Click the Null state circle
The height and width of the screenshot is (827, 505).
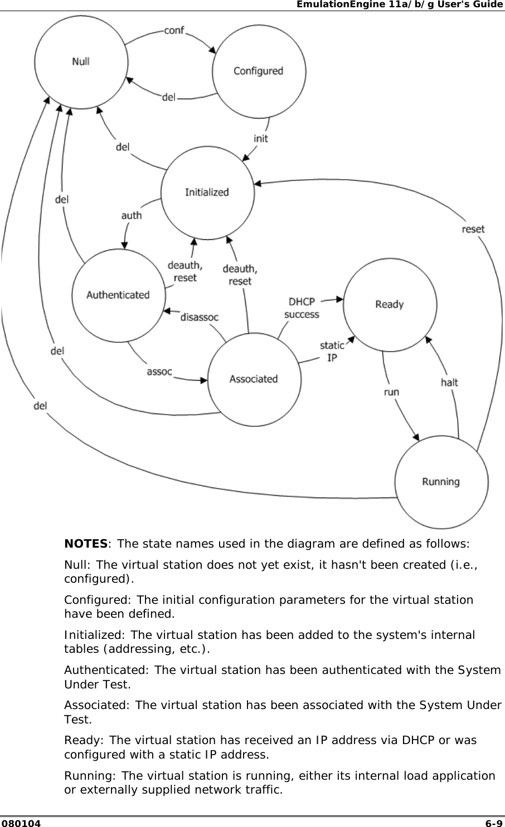tap(81, 61)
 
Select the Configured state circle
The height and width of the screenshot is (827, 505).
tap(259, 71)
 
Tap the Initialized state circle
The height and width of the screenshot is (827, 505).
tap(207, 193)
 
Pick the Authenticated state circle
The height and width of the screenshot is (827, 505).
tap(118, 295)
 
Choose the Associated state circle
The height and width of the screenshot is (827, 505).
tap(254, 379)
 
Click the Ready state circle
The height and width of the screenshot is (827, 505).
tap(390, 304)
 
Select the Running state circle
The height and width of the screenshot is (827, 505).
tap(441, 482)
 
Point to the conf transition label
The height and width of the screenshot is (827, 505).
tap(174, 30)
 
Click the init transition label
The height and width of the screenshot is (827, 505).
tap(260, 138)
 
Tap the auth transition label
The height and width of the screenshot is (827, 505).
tap(132, 215)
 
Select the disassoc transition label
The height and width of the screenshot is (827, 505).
tap(200, 317)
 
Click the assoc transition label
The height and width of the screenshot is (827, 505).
tap(159, 371)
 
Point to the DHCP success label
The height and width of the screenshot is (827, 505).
tap(302, 308)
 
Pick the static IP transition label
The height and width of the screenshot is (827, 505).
tap(332, 352)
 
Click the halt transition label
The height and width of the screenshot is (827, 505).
tap(449, 382)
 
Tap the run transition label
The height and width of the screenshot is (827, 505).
tap(391, 392)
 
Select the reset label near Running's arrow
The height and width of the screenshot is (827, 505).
tap(473, 229)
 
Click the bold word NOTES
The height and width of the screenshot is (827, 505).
tap(86, 543)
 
